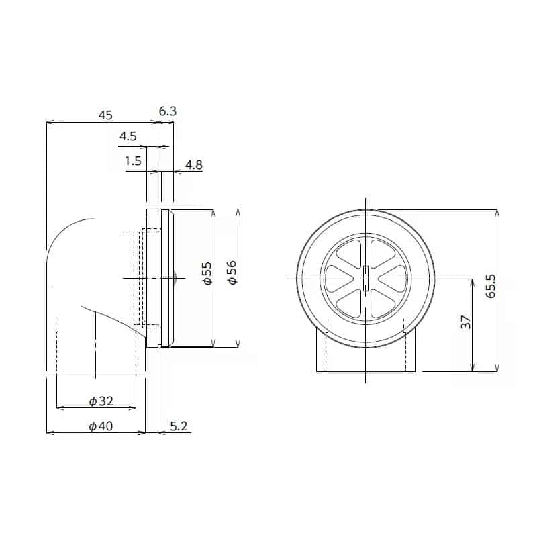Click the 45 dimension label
click(x=105, y=115)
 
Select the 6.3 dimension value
click(x=168, y=111)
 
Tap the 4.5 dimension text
click(x=128, y=136)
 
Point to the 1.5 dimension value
click(x=133, y=161)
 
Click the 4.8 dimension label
click(x=194, y=164)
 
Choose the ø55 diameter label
click(x=207, y=274)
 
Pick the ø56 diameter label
click(x=232, y=274)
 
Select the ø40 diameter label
click(x=101, y=426)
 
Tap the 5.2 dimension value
click(x=179, y=426)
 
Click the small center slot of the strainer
click(x=365, y=278)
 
